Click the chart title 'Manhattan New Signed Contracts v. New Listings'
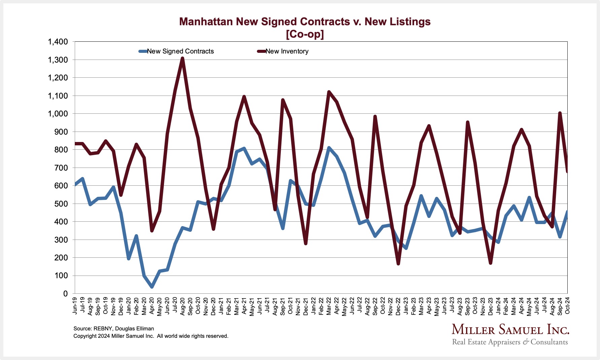coord(305,22)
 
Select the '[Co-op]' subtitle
coord(305,34)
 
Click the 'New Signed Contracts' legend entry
coord(180,51)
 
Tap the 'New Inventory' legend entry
coord(287,51)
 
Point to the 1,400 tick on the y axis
coord(58,42)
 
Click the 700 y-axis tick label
coord(61,168)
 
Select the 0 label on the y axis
coord(65,294)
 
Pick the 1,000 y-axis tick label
coord(58,114)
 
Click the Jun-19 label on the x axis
coord(75,305)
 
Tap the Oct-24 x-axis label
coord(567,305)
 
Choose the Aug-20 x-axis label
coord(182,305)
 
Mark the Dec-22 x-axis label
coord(398,305)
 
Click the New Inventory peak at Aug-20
coord(182,59)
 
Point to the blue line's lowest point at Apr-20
coord(152,287)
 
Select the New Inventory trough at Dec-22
coord(398,263)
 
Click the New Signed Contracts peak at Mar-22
coord(329,148)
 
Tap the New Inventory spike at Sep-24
coord(560,113)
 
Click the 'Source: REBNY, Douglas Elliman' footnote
coord(113,329)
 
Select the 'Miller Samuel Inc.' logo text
coord(510,330)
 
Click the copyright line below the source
coord(151,336)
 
